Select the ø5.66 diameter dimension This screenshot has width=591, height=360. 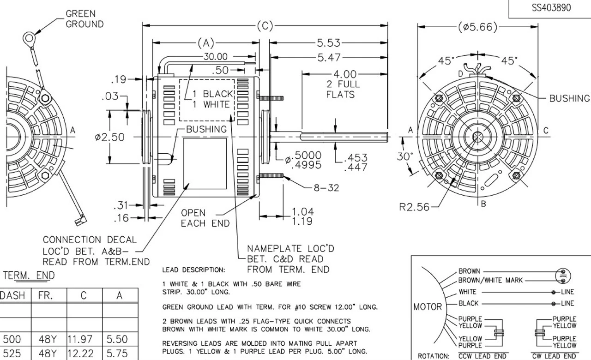pyautogui.click(x=477, y=27)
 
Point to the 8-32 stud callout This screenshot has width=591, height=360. pyautogui.click(x=326, y=187)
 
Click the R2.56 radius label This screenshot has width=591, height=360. pyautogui.click(x=414, y=207)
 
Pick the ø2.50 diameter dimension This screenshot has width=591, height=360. pyautogui.click(x=109, y=137)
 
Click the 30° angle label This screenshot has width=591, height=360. pyautogui.click(x=405, y=156)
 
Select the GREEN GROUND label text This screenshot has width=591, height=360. pyautogui.click(x=84, y=19)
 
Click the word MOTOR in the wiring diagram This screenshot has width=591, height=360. pyautogui.click(x=428, y=306)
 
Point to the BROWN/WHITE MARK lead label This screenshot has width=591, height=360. pyautogui.click(x=490, y=280)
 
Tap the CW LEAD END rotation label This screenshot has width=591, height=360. pyautogui.click(x=554, y=356)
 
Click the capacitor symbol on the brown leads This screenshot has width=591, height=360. pyautogui.click(x=562, y=276)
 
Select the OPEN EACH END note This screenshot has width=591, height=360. pyautogui.click(x=205, y=218)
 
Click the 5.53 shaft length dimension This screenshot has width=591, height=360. pyautogui.click(x=328, y=43)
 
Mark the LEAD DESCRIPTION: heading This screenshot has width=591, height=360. pyautogui.click(x=193, y=270)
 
